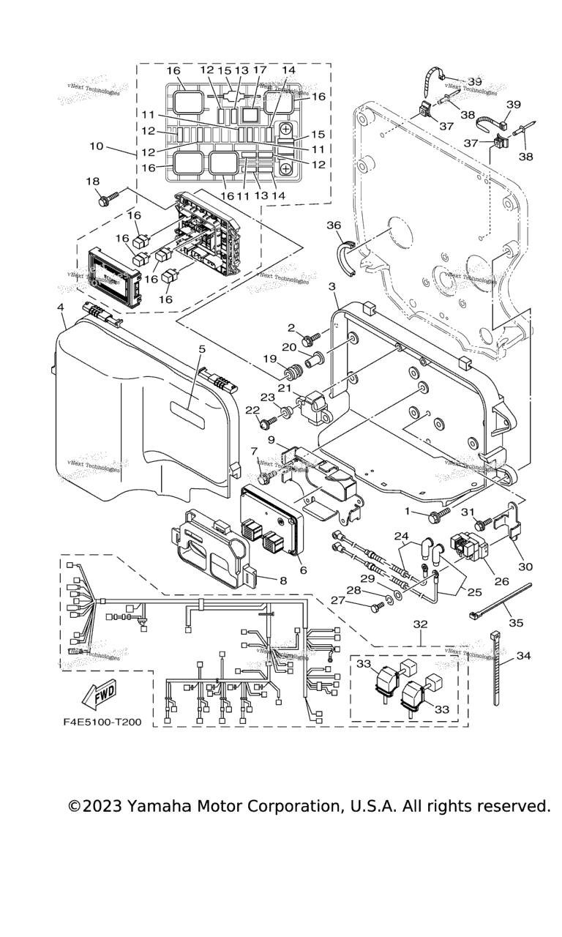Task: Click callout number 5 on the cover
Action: coord(202,349)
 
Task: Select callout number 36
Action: coord(334,225)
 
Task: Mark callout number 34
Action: coord(523,656)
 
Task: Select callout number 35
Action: coord(517,623)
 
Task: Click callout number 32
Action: coord(420,625)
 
